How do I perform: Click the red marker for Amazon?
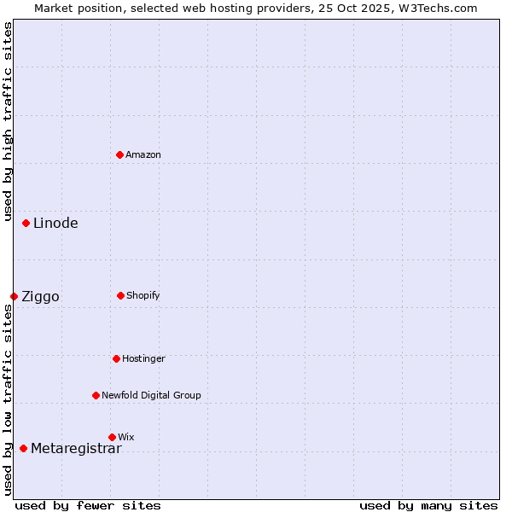click(x=119, y=154)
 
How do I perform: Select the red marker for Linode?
click(x=26, y=223)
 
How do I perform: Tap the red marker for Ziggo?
click(x=14, y=296)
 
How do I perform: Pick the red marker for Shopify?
click(x=120, y=295)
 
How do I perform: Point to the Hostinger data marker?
click(x=116, y=358)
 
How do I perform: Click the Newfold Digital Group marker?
click(x=96, y=395)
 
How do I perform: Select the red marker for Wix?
click(x=112, y=437)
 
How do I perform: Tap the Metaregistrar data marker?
click(x=23, y=448)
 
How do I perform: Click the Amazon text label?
click(x=143, y=154)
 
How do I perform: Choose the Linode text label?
click(x=55, y=224)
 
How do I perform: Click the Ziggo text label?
click(x=40, y=297)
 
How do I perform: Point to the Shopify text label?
click(x=143, y=295)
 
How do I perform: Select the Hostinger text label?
click(x=143, y=358)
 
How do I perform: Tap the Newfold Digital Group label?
click(x=151, y=395)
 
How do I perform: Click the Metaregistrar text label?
click(x=76, y=449)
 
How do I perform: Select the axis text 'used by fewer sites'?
click(x=88, y=505)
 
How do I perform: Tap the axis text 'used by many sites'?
click(x=428, y=505)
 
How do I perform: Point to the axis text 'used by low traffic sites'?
click(x=8, y=399)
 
